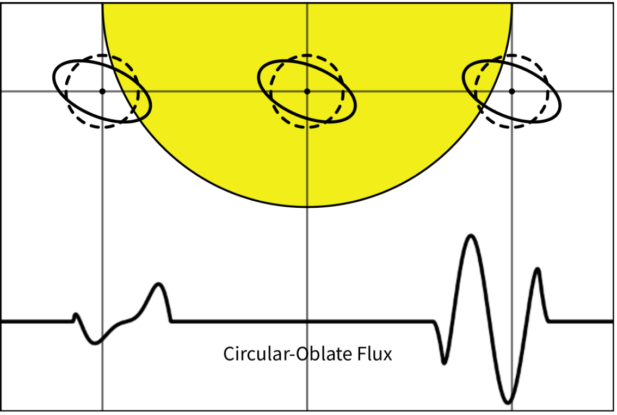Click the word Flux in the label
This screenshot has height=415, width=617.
375,354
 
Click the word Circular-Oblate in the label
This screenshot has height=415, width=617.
288,354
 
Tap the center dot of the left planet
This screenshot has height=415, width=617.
102,91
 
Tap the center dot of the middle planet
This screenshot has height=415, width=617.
307,91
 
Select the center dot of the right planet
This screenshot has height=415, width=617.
511,91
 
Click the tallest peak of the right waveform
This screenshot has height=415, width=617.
471,236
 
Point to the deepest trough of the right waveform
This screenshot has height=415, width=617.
508,402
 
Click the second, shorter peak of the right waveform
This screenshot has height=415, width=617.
538,269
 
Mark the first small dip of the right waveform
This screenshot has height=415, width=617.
445,362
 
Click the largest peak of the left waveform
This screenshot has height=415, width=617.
158,284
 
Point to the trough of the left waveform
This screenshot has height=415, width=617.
95,343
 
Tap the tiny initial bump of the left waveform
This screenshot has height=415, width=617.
76,314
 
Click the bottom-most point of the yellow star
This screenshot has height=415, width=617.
307,206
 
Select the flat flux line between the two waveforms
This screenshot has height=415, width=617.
302,322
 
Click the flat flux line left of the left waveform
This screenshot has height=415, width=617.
37,322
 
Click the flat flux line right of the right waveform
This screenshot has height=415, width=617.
581,322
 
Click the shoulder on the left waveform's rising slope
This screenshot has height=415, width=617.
126,321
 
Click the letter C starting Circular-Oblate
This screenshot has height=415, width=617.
229,354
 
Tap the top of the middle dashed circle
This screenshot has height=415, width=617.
307,55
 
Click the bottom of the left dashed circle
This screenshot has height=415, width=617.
102,127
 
